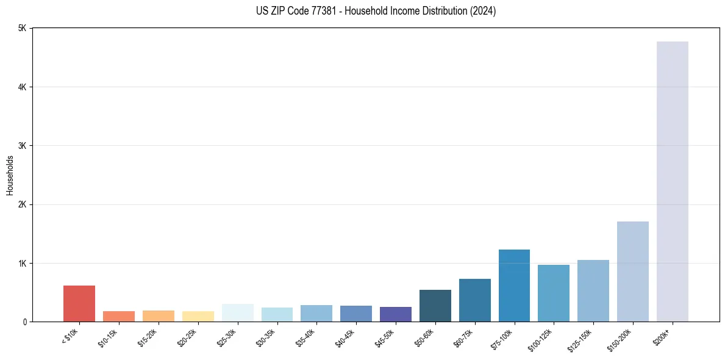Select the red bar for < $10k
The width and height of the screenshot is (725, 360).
pos(79,303)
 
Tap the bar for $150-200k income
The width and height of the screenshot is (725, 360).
pos(632,272)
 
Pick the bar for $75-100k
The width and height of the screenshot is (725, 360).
pos(514,286)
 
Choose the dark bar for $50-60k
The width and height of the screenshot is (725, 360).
pos(435,306)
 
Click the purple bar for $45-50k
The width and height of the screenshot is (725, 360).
pos(395,314)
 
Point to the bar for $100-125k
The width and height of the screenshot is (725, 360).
pos(554,293)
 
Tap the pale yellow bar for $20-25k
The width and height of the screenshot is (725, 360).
pos(198,316)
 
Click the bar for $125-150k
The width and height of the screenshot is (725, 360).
pos(593,290)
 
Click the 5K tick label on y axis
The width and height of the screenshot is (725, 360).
pos(22,28)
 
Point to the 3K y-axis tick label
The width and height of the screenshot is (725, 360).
pos(22,146)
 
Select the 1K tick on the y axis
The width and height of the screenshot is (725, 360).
pos(22,263)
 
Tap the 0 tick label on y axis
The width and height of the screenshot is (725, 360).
pos(24,322)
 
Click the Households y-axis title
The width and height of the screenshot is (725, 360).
pos(10,175)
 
